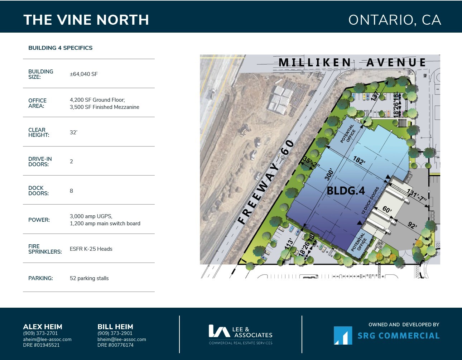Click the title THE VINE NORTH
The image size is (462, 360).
click(x=86, y=20)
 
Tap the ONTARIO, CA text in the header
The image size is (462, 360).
click(x=394, y=20)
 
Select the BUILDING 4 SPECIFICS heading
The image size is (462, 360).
click(x=60, y=48)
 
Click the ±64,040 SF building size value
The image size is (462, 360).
click(x=83, y=74)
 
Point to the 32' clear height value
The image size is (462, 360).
click(x=73, y=133)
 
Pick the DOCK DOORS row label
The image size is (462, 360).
click(x=38, y=191)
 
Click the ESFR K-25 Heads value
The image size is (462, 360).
click(x=91, y=249)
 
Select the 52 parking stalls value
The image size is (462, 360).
click(x=89, y=278)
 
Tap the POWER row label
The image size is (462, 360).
click(x=39, y=220)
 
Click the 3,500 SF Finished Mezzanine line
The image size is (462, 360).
click(x=104, y=107)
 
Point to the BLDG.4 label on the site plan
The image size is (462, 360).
click(x=346, y=191)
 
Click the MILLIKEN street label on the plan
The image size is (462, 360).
click(x=315, y=63)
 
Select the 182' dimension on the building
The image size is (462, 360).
click(x=359, y=160)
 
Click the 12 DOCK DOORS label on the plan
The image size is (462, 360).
click(x=370, y=201)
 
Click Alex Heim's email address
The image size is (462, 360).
click(x=47, y=339)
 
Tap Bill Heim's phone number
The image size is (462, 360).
click(x=115, y=333)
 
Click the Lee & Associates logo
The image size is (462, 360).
click(x=241, y=334)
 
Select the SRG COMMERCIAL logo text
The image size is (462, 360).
click(x=398, y=336)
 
